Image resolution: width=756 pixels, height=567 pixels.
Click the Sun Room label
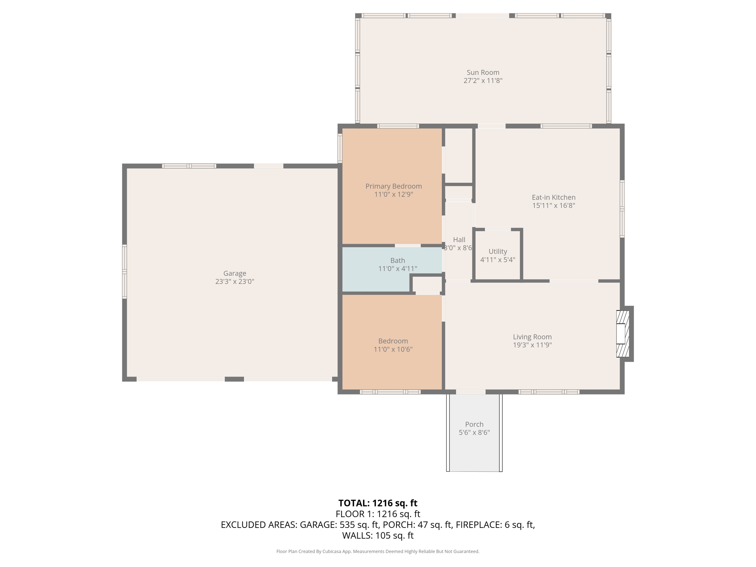coord(483,73)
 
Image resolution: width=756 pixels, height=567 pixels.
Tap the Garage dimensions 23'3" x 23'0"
coord(235,282)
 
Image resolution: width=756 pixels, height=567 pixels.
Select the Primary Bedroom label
coord(394,186)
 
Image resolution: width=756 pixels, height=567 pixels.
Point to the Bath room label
coord(398,261)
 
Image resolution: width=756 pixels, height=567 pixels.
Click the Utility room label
coord(498,251)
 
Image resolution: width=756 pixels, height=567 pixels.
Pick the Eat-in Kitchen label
coord(553,197)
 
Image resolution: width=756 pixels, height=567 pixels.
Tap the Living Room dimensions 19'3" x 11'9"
coord(532,345)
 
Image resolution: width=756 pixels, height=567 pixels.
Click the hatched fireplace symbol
coord(623,334)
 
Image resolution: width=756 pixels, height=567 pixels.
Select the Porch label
coord(474,425)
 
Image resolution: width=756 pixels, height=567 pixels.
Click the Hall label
coord(459,240)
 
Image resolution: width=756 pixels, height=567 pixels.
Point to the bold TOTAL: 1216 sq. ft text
coord(378,503)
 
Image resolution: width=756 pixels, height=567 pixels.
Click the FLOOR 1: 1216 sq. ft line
coord(378,514)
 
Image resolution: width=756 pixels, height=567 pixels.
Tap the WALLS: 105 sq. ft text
coord(378,536)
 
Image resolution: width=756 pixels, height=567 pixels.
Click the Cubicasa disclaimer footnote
coord(378,551)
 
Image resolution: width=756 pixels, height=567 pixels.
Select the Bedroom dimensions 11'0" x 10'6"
coord(393,349)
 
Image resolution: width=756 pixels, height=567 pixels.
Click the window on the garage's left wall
coord(124,272)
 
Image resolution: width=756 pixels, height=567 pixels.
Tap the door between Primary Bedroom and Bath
coord(408,245)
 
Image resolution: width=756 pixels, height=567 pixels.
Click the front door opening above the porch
coord(471,392)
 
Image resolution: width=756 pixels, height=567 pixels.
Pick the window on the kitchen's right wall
coord(622,209)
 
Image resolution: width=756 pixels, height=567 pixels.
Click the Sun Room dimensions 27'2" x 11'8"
coord(483,81)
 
